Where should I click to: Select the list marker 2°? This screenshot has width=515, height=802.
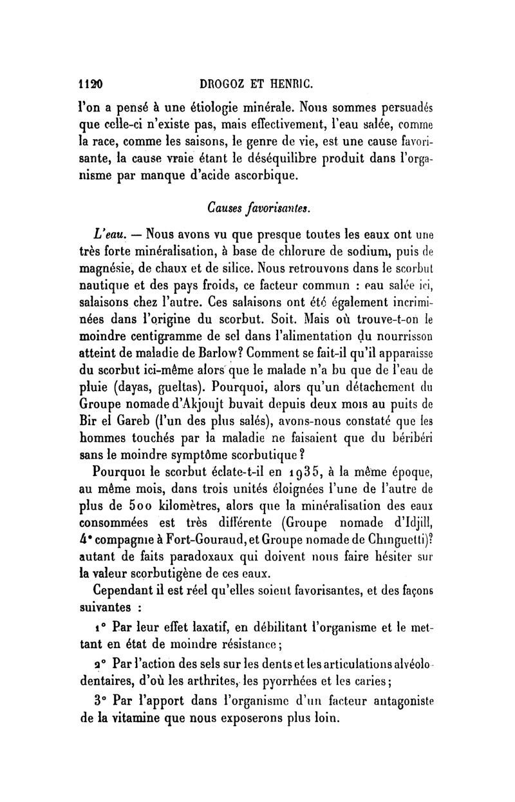[x=98, y=663]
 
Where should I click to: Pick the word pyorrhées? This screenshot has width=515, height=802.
[x=327, y=679]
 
